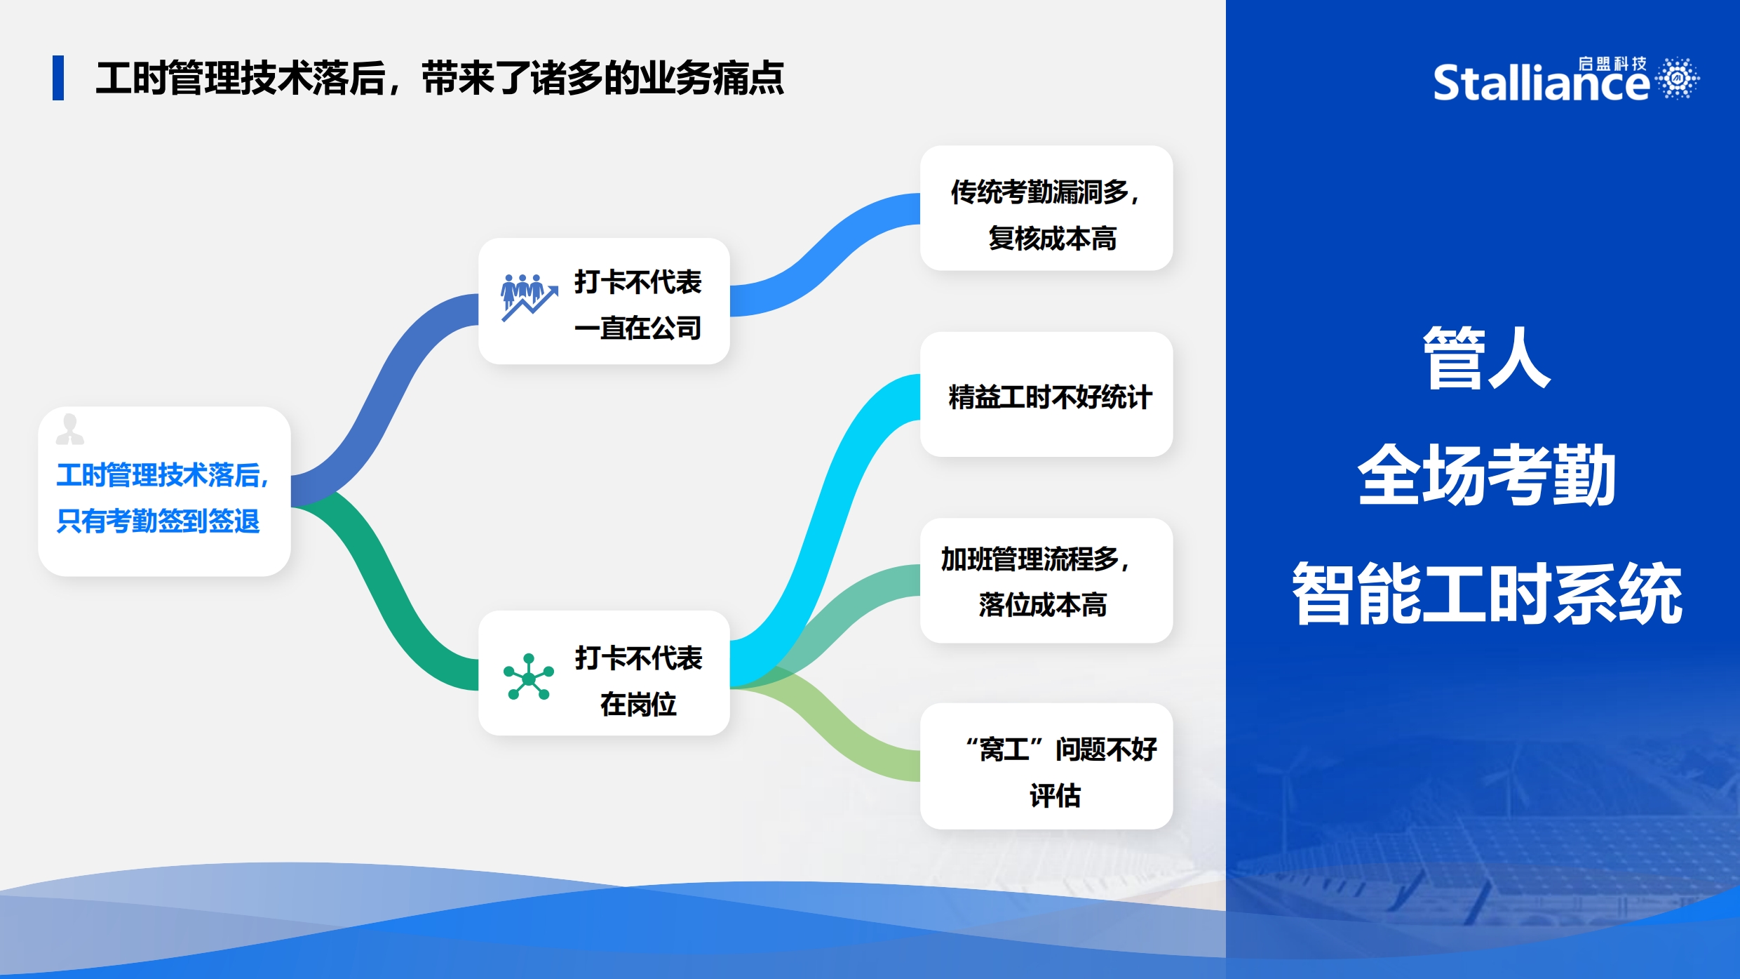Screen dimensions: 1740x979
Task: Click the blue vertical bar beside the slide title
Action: coord(58,77)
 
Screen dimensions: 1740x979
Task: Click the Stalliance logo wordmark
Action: coord(1540,83)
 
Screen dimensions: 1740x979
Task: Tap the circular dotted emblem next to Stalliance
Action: coord(1678,78)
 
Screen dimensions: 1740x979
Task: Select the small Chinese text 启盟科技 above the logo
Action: coord(1612,64)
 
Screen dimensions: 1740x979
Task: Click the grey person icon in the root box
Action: coord(69,429)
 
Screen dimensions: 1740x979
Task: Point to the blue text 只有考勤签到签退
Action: coord(159,521)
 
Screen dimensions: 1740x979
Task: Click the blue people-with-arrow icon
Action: coord(529,298)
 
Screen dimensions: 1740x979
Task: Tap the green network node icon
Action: coord(529,677)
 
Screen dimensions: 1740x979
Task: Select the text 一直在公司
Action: coord(638,328)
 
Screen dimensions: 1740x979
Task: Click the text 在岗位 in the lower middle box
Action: coord(638,704)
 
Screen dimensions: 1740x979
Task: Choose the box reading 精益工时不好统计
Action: coord(1046,394)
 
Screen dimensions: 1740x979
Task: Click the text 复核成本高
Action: coord(1052,239)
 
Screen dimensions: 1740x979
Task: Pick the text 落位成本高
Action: coord(1043,605)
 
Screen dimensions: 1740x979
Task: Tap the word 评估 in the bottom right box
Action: coord(1055,796)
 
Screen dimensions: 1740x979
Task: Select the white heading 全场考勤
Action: coord(1487,475)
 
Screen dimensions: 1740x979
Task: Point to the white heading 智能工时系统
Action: coord(1487,593)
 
